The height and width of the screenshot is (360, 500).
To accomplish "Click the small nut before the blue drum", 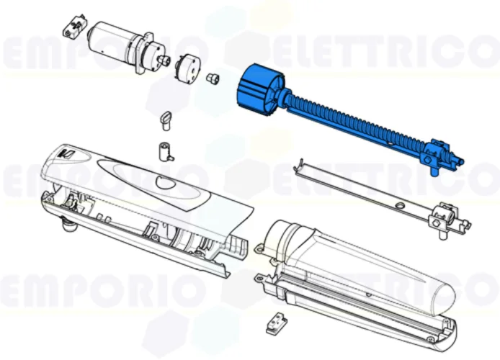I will [x=213, y=77].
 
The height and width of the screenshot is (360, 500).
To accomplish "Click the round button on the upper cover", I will [x=165, y=183].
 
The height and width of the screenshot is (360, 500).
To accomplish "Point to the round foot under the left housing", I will [x=68, y=228].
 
